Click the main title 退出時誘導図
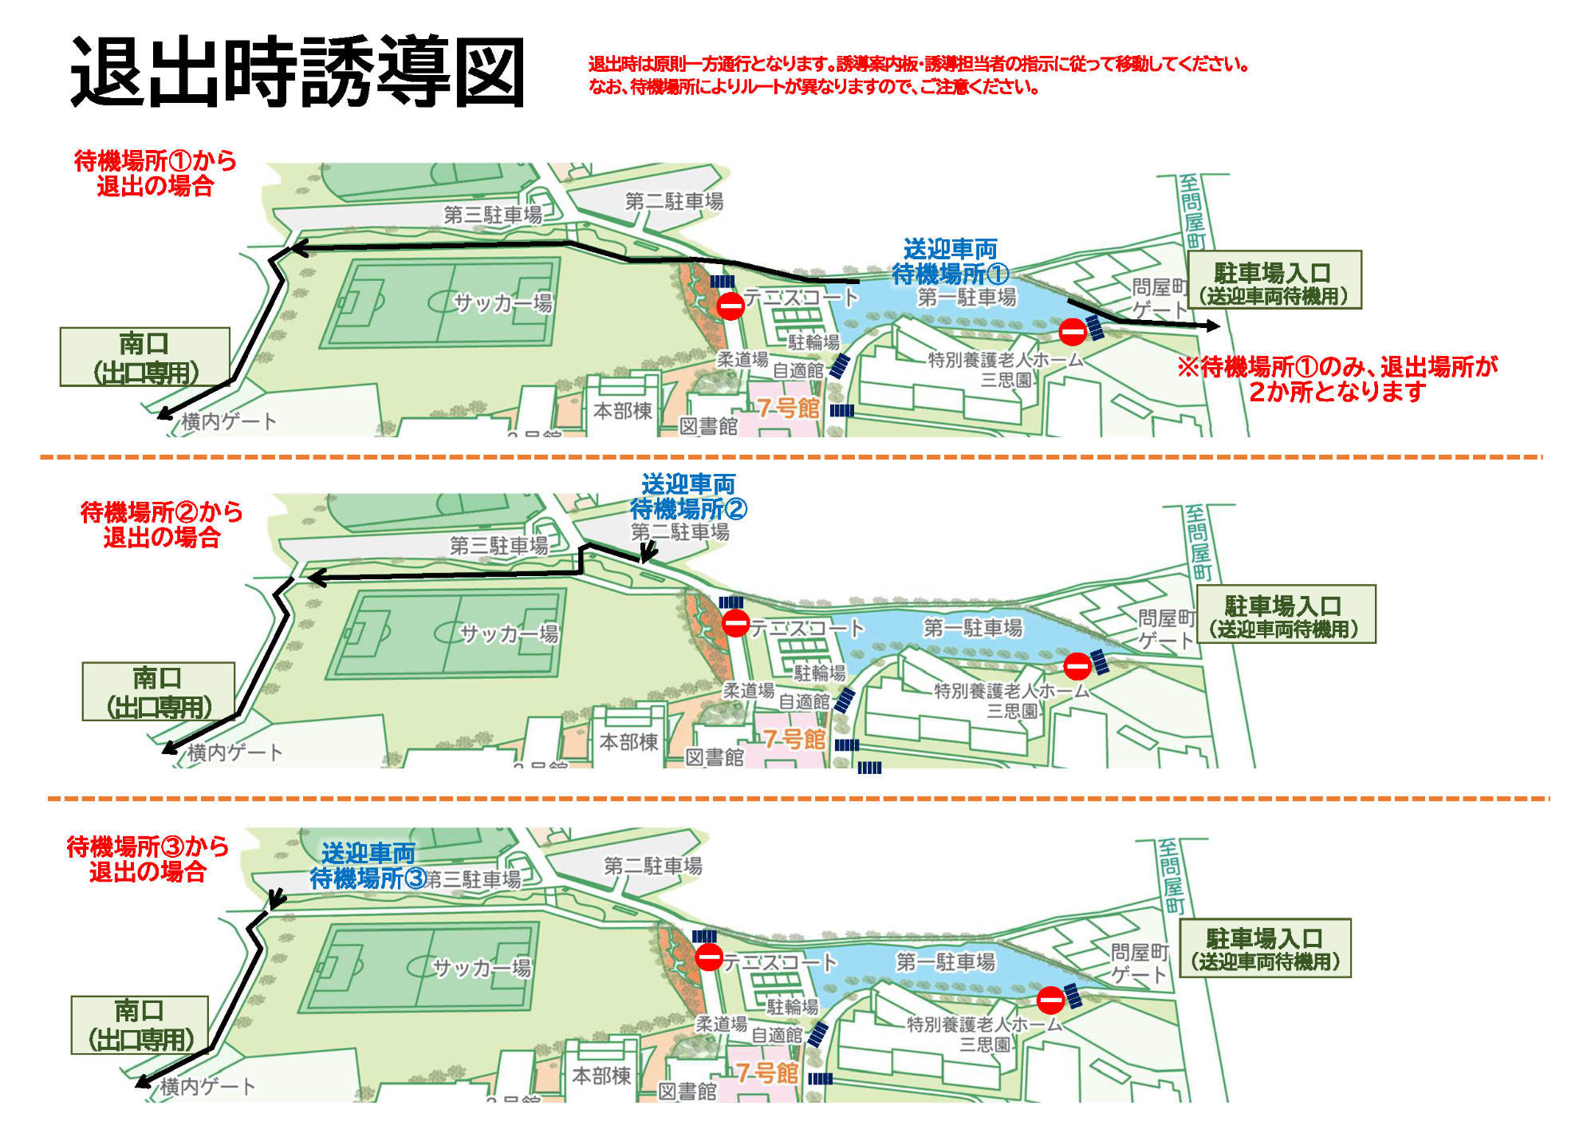[297, 72]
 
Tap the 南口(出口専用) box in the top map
[144, 357]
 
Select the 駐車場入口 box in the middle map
[1286, 615]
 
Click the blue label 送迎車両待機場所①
[950, 262]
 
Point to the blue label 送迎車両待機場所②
[688, 496]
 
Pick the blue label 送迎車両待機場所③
[368, 866]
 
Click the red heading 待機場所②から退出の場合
[161, 525]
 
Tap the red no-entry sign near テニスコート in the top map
[731, 306]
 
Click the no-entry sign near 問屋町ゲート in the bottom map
[1050, 999]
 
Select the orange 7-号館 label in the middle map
[794, 740]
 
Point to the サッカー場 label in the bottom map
[481, 968]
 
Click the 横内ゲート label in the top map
[229, 421]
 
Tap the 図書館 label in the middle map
[715, 757]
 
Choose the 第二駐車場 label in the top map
[674, 202]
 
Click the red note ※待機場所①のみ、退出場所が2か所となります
[1337, 379]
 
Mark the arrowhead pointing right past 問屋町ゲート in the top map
[1214, 326]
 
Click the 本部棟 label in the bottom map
[601, 1076]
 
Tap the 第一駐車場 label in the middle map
[972, 628]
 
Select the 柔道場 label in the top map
[742, 360]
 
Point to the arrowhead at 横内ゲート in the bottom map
[142, 1082]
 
